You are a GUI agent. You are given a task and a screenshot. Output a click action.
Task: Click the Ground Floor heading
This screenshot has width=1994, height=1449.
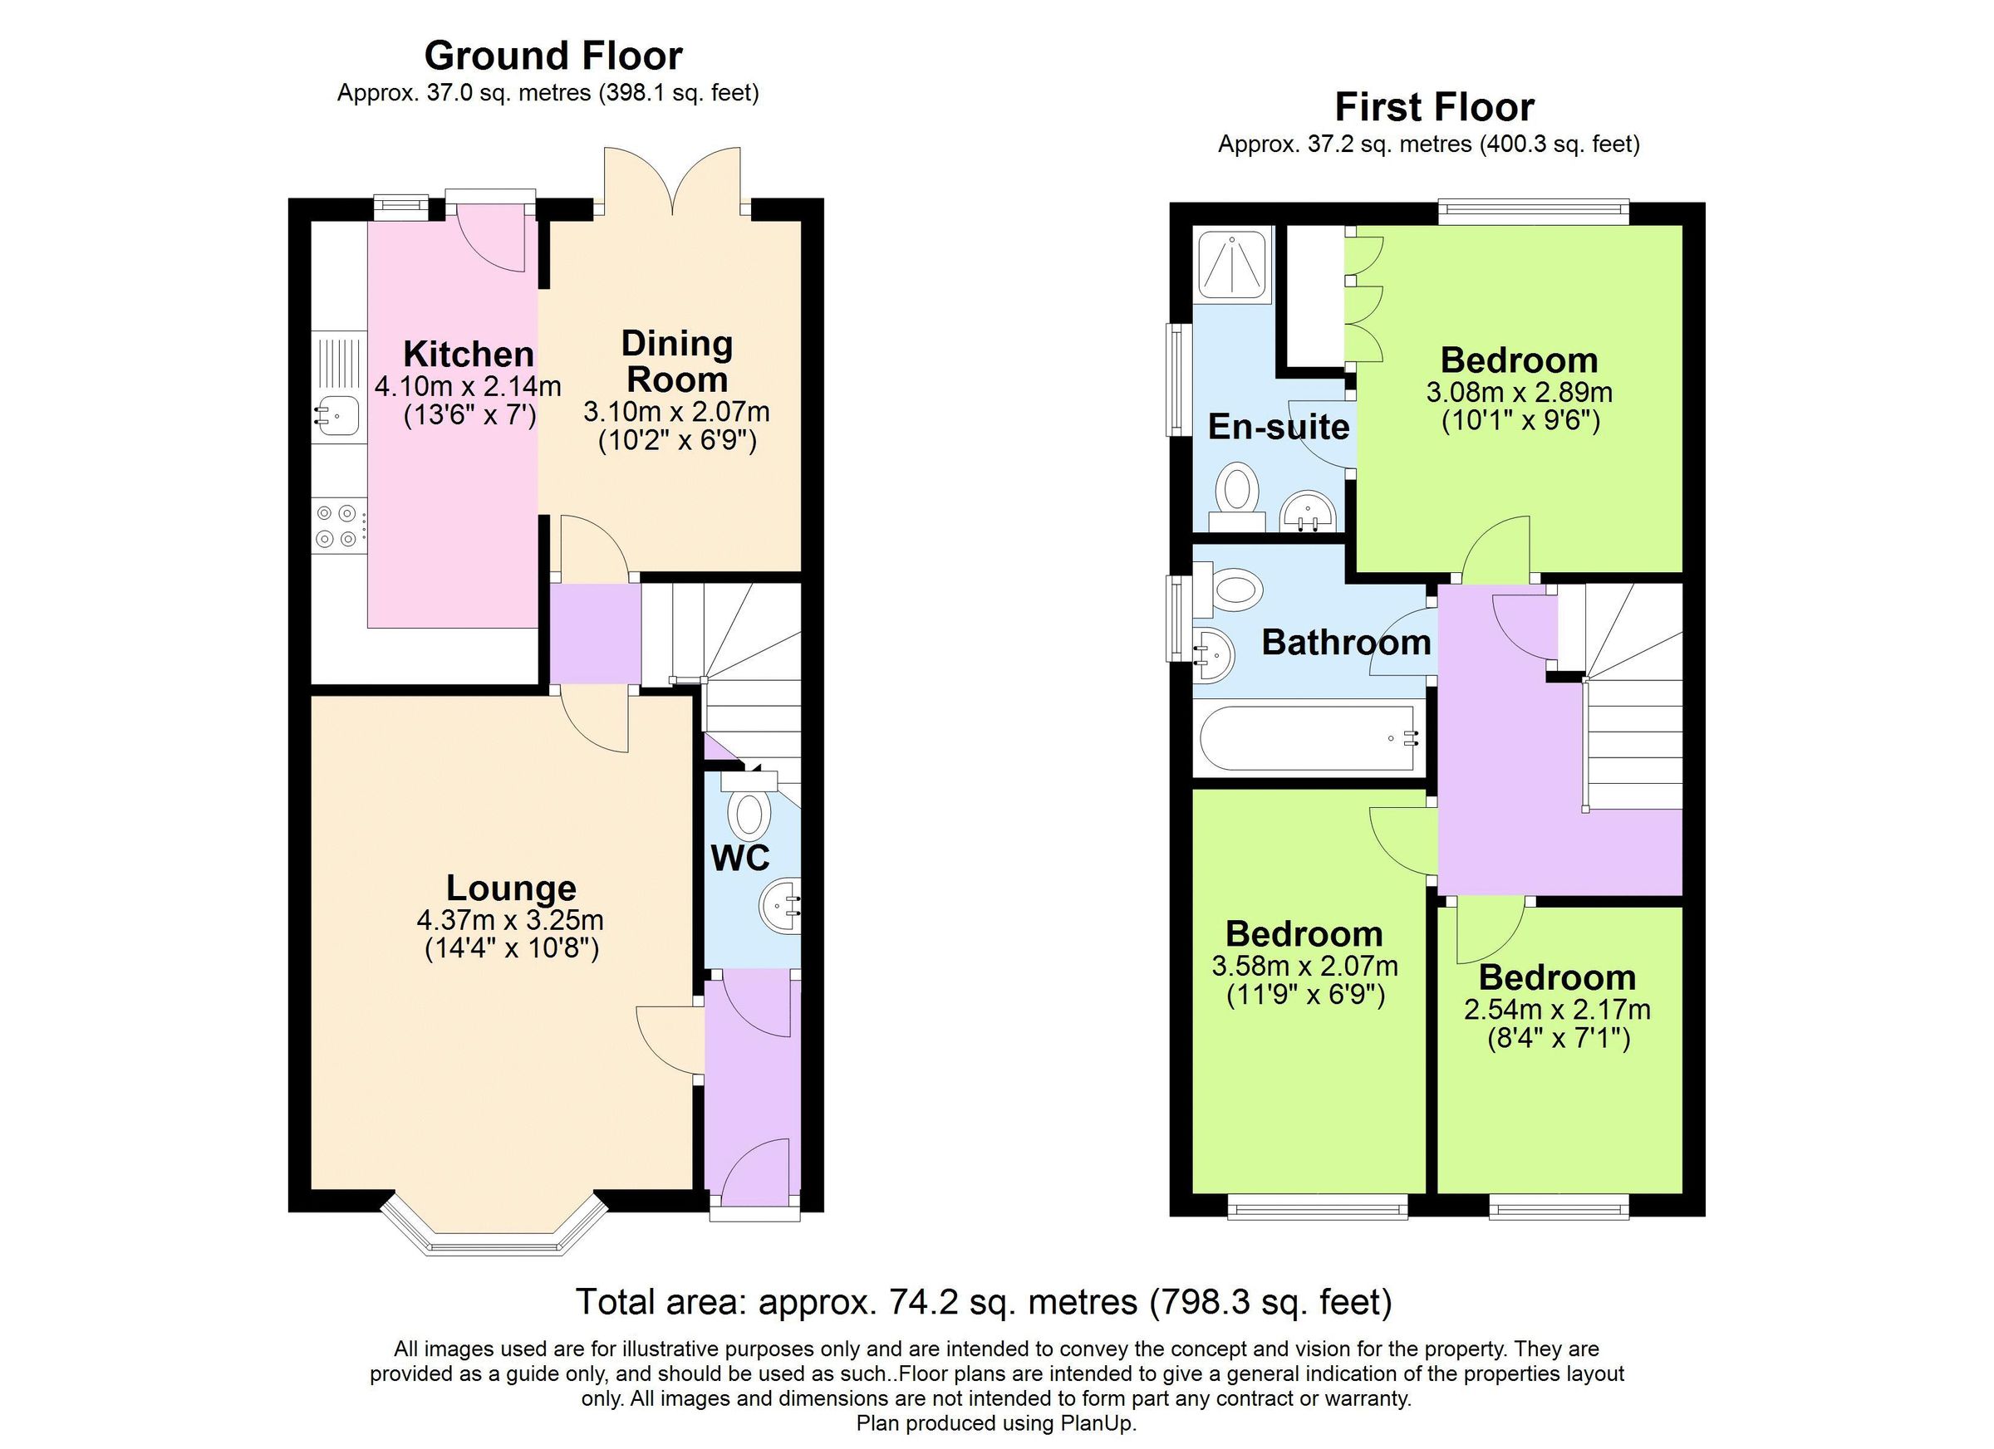(553, 56)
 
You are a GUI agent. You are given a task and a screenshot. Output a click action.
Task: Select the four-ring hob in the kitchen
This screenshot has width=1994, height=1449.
(337, 526)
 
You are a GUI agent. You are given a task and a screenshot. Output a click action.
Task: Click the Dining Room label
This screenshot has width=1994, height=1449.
(677, 361)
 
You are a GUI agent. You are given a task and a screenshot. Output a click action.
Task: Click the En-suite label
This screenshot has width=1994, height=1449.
(1279, 427)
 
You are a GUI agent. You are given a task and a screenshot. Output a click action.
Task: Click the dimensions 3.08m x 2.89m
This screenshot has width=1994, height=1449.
(1520, 392)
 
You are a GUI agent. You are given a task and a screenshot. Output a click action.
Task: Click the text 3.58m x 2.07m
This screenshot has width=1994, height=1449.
(1304, 966)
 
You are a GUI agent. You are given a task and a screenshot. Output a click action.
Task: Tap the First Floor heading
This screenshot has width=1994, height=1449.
(1434, 108)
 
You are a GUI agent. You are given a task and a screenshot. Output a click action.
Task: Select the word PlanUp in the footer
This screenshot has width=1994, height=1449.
(1098, 1422)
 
